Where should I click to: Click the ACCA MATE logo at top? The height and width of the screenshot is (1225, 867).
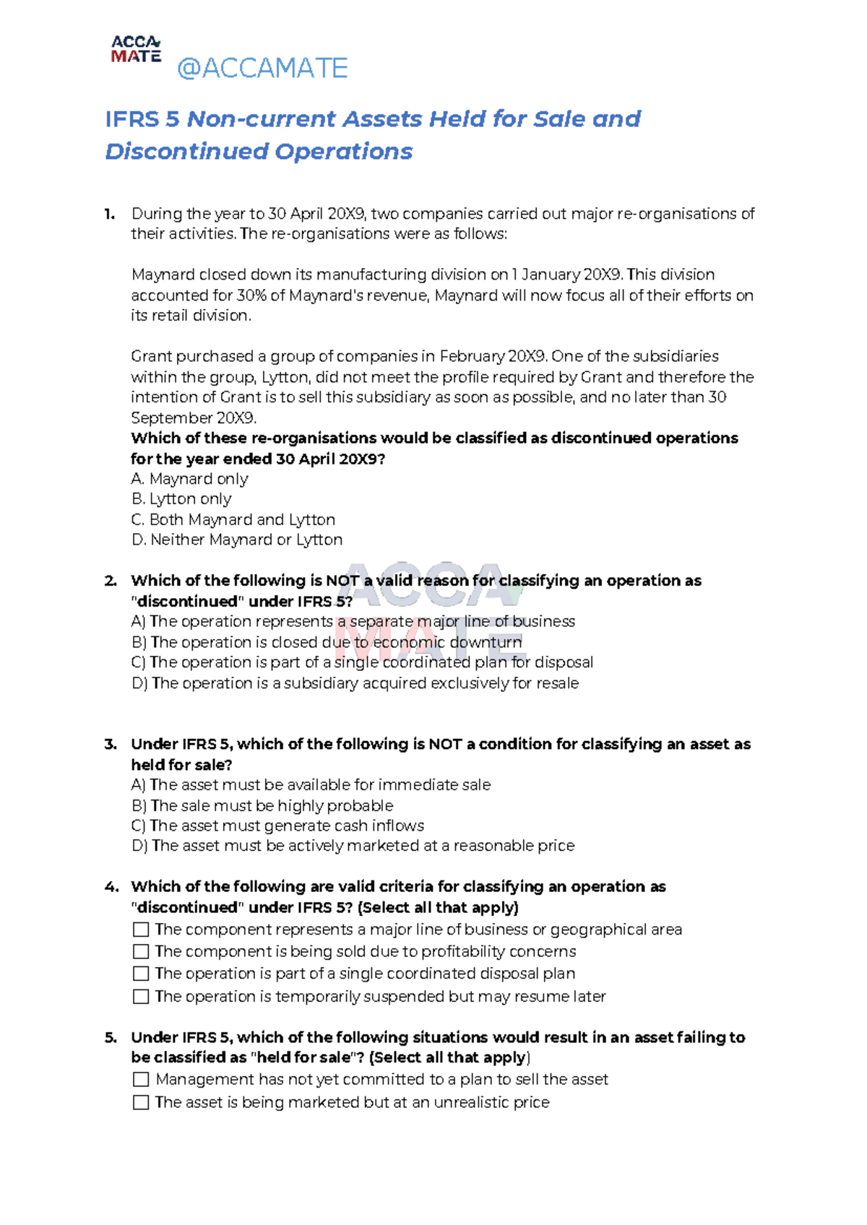[136, 49]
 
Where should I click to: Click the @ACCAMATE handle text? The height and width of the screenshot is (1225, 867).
[262, 68]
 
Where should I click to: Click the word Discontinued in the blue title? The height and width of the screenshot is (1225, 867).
[186, 152]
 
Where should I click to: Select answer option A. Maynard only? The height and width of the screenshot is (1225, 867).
[190, 479]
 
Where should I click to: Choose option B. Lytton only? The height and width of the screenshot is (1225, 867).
[181, 499]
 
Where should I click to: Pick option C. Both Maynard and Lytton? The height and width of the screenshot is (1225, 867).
[233, 519]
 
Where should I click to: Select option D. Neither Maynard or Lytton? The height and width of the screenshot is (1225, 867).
[237, 540]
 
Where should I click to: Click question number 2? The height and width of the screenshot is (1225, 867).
[110, 581]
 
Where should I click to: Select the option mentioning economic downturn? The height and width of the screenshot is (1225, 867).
[327, 642]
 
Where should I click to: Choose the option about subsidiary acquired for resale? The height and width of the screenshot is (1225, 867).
[355, 683]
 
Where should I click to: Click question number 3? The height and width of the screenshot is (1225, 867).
[110, 744]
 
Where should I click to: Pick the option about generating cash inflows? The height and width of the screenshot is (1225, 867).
[278, 826]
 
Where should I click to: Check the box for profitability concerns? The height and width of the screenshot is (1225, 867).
[141, 952]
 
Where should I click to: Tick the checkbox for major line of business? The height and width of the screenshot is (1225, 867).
[141, 930]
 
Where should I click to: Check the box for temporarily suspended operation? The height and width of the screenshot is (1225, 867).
[141, 997]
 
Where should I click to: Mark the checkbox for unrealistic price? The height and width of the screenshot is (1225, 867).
[141, 1102]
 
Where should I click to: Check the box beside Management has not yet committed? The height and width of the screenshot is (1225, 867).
[141, 1079]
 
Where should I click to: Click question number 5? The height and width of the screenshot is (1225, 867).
[110, 1038]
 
